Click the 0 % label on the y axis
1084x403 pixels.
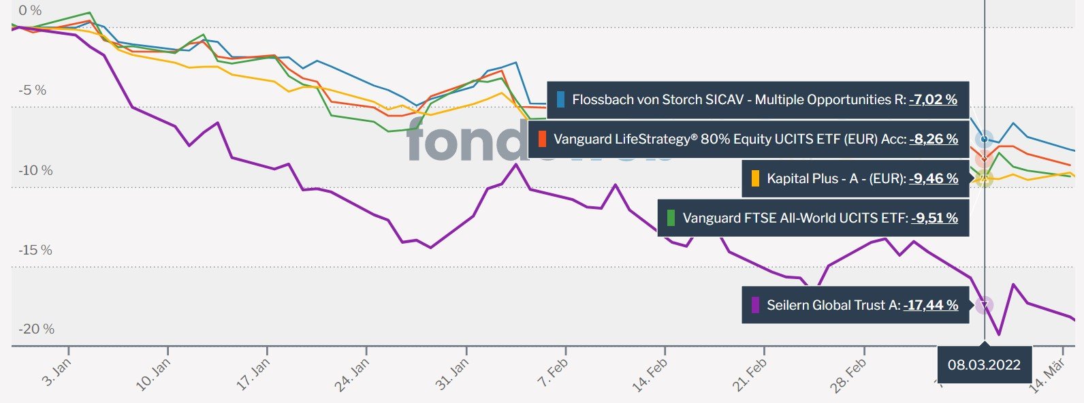tap(30, 10)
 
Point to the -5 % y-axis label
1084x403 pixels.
tap(32, 90)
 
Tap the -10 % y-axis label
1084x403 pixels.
tap(35, 170)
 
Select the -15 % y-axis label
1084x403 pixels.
tap(35, 250)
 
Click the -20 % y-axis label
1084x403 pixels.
tap(36, 329)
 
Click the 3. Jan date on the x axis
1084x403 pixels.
tap(57, 372)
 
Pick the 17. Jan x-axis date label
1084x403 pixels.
tap(253, 374)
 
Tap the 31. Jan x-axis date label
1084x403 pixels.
tap(451, 374)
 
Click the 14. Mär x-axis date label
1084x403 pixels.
tap(1047, 376)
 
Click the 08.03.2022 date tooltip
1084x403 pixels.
tap(984, 364)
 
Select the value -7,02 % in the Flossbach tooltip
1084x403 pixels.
tap(933, 99)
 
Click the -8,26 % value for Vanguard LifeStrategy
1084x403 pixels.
tap(934, 139)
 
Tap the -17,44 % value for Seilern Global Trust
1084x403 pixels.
tap(930, 305)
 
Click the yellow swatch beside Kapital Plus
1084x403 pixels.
tap(754, 178)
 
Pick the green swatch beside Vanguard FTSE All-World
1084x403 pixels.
tap(671, 218)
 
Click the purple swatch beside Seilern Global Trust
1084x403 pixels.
tap(754, 305)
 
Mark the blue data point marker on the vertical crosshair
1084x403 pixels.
tap(984, 139)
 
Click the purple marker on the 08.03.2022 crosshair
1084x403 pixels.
tap(984, 305)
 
